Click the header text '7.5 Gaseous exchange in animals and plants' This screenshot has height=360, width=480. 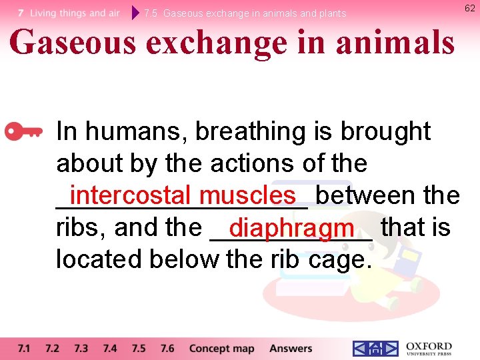245,13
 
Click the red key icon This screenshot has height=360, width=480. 23,132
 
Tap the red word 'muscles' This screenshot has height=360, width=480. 247,195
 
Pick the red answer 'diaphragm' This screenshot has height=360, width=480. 291,227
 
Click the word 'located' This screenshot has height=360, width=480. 99,259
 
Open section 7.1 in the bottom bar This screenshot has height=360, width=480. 24,348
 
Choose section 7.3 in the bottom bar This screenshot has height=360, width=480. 81,348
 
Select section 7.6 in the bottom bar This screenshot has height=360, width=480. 167,348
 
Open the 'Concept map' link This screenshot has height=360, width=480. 221,348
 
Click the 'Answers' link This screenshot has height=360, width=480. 291,348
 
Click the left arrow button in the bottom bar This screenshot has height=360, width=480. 360,349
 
